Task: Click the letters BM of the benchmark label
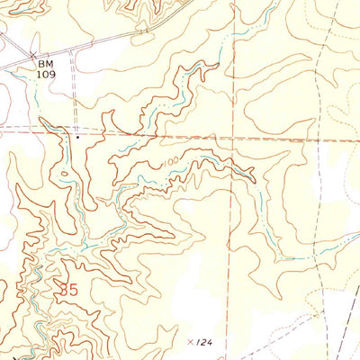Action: click(x=46, y=66)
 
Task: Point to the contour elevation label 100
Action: click(x=171, y=160)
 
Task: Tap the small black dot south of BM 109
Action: click(x=77, y=138)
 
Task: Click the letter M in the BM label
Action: click(x=50, y=66)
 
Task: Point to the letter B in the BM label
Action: click(x=41, y=66)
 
